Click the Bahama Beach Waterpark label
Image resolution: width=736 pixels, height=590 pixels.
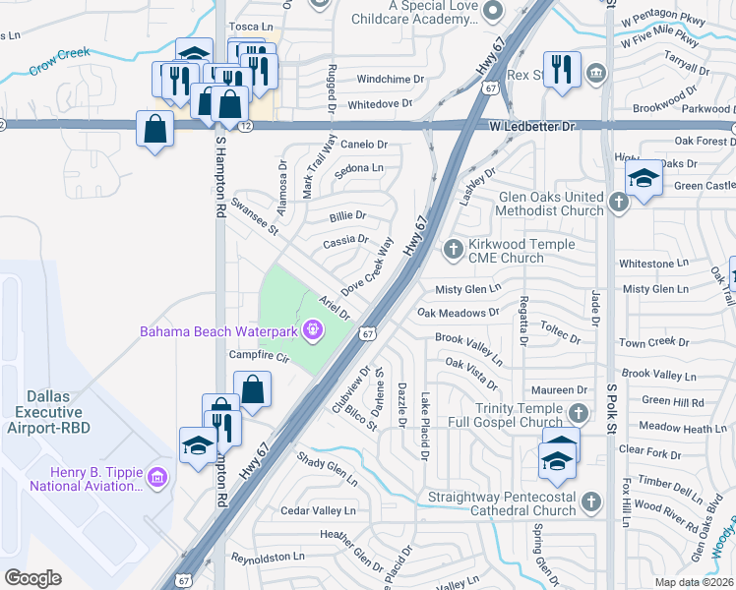coord(219,330)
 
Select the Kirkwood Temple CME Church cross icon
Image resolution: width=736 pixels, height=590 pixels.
coord(453,250)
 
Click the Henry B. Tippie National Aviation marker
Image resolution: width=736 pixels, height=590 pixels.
coord(158,479)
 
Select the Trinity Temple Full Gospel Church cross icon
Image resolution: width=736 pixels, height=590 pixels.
coord(579,414)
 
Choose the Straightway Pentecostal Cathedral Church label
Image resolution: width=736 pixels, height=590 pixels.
coord(502,503)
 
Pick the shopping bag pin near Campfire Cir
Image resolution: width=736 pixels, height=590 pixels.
coord(253,388)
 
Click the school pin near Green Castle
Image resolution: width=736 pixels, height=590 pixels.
coord(644,177)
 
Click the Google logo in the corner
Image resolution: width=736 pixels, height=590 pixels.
coord(33,577)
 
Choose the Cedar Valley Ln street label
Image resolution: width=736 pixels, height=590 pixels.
coord(318,510)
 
